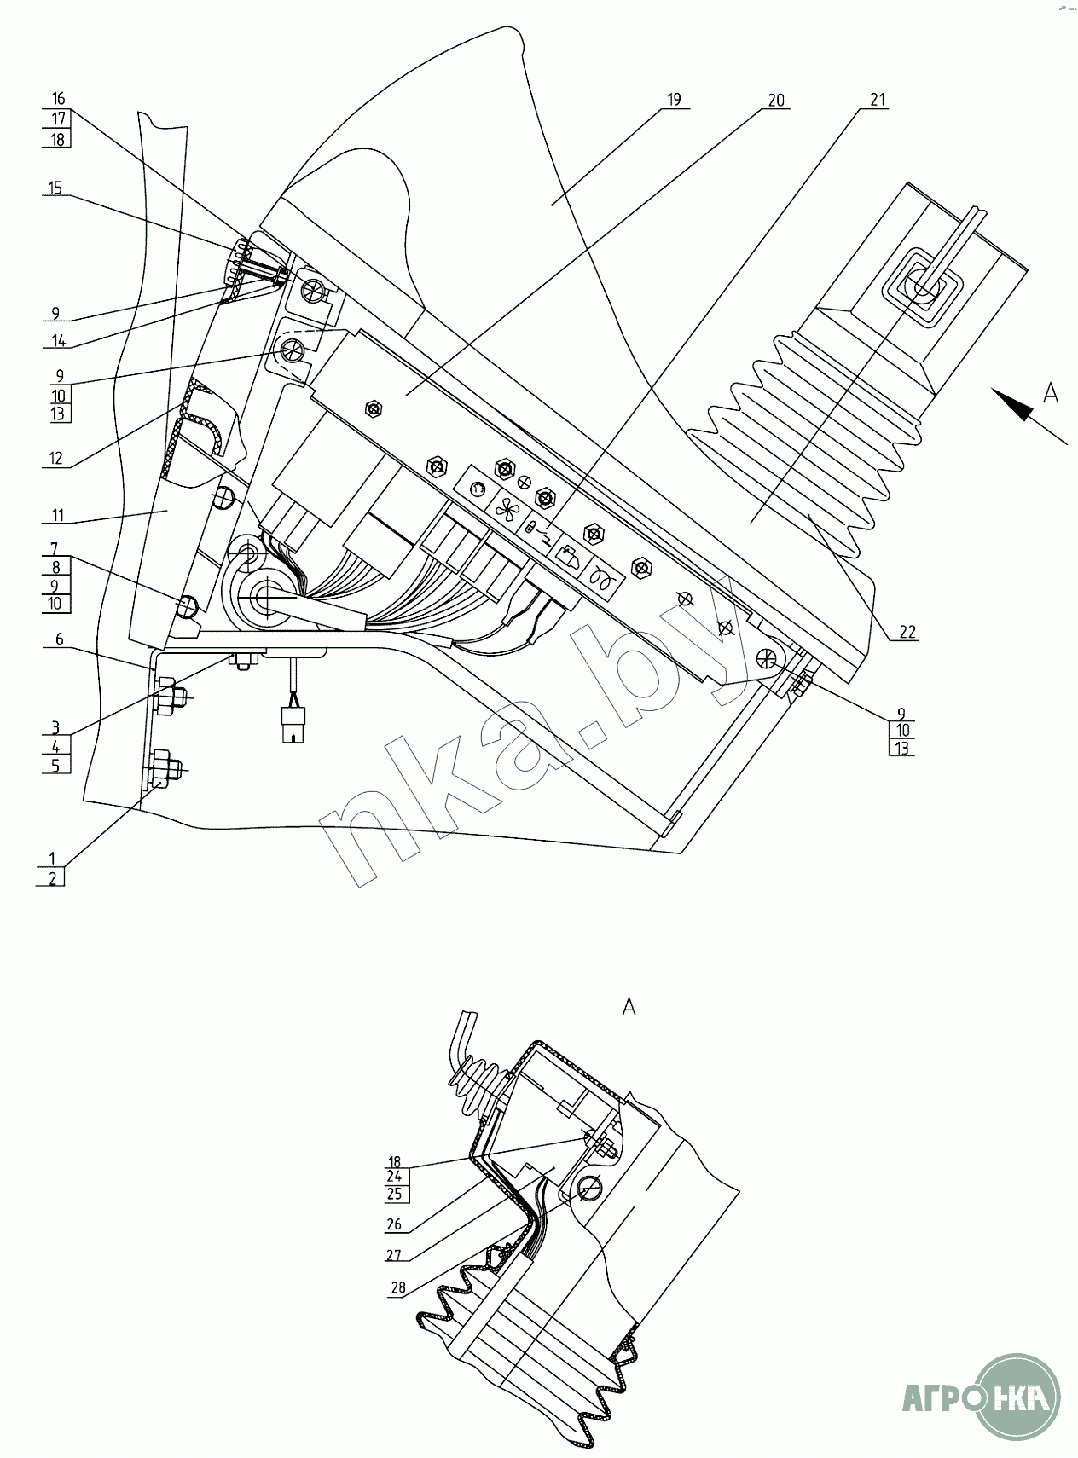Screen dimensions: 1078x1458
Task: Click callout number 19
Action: [674, 100]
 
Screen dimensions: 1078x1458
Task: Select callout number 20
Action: [775, 100]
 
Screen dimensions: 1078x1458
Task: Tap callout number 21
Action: [878, 100]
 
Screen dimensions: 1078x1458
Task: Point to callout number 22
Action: [907, 632]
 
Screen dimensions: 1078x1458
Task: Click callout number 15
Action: [56, 188]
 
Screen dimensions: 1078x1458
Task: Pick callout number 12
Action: [56, 459]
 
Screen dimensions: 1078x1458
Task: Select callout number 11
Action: [56, 515]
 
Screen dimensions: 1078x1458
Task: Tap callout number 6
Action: [56, 639]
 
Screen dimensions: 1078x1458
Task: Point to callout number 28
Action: [398, 1287]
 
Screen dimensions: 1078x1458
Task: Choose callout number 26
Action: [395, 1225]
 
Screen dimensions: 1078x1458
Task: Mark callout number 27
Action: [395, 1256]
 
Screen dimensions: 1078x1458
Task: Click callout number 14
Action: [58, 340]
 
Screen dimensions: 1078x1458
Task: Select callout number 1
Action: [53, 858]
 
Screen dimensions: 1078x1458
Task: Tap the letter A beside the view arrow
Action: [1052, 393]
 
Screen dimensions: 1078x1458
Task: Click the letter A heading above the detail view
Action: [629, 1007]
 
